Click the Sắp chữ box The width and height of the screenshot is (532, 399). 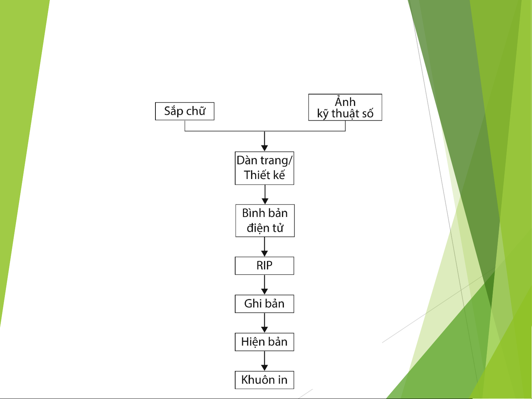[185, 111]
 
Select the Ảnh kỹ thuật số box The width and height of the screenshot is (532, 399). [345, 107]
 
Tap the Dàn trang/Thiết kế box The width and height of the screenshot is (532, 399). [264, 168]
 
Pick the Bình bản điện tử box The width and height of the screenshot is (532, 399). [265, 220]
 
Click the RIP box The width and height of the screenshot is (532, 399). [264, 266]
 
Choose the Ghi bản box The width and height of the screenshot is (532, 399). [264, 304]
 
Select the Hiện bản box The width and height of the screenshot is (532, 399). [264, 342]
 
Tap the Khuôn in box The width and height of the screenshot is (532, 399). [264, 380]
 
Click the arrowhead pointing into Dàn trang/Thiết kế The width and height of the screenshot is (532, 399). [265, 148]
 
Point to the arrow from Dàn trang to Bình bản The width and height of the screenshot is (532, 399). [265, 195]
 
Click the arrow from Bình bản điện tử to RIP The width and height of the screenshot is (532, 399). [265, 247]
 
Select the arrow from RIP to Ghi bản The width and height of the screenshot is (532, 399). [265, 285]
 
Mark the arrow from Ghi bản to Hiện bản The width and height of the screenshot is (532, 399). [265, 323]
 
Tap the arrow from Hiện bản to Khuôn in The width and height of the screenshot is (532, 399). [265, 361]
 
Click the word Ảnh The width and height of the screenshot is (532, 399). [345, 102]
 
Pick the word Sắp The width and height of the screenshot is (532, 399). [174, 111]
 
